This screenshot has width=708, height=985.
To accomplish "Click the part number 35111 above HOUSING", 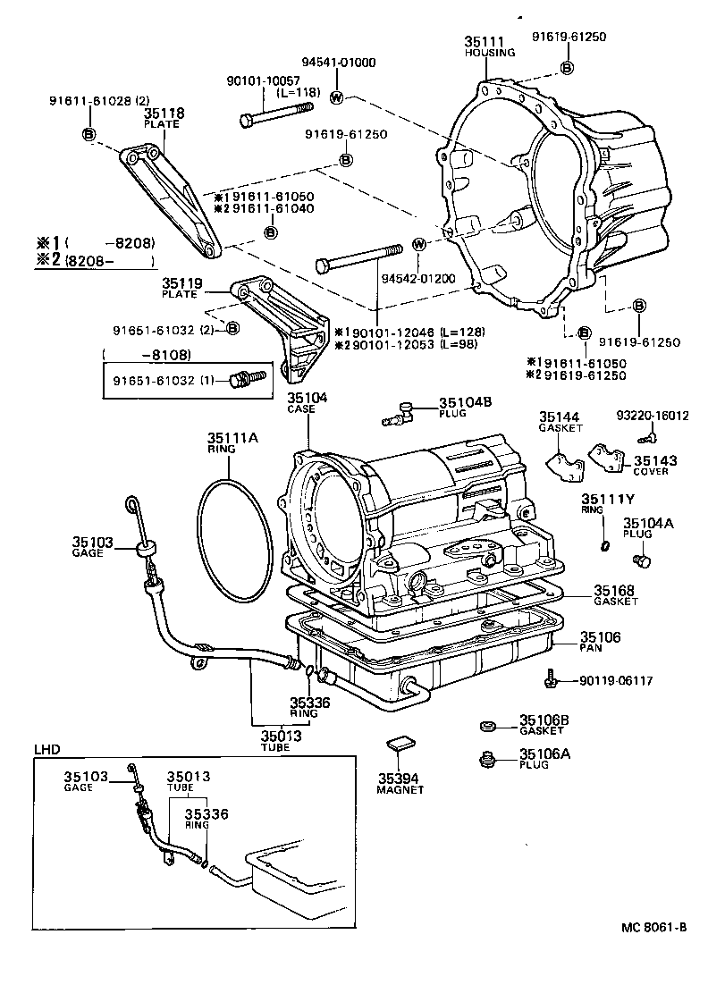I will [x=483, y=41].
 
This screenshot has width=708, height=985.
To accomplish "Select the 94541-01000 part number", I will [x=338, y=63].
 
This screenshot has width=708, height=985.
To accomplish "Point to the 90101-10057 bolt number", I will [x=262, y=80].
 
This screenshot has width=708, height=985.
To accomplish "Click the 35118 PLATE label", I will [x=164, y=114].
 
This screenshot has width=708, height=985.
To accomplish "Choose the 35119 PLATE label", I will [x=182, y=284].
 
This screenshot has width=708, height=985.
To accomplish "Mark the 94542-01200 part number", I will [x=418, y=279].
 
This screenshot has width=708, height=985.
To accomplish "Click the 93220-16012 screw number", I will [x=653, y=416].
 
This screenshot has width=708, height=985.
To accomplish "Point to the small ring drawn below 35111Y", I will [x=605, y=546].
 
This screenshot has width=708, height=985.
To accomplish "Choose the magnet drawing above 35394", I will [x=400, y=741].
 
